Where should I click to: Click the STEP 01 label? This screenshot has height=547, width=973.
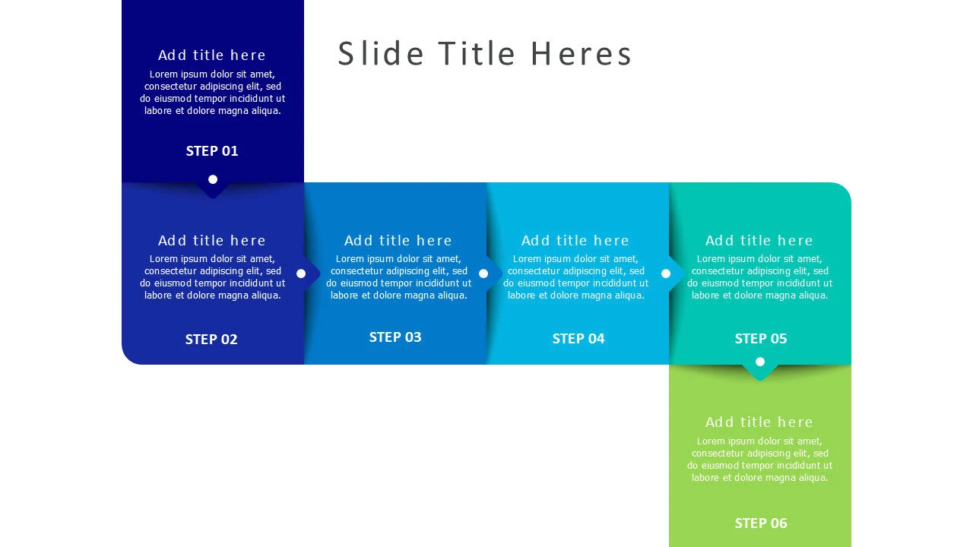(x=212, y=150)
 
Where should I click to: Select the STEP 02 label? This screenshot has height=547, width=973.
(x=211, y=339)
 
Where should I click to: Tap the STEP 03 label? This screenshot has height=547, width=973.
(x=395, y=337)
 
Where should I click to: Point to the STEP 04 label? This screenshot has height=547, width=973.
(x=578, y=338)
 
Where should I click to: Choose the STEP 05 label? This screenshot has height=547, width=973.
(x=761, y=338)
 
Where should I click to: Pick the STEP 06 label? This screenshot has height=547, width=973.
(x=761, y=523)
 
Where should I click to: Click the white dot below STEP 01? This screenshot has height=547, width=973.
(x=213, y=179)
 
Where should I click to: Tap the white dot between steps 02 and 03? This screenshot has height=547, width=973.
(x=301, y=273)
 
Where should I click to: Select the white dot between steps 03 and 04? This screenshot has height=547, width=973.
(x=483, y=273)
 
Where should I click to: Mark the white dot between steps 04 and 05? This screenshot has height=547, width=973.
(x=666, y=273)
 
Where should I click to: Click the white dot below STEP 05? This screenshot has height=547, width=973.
(x=760, y=362)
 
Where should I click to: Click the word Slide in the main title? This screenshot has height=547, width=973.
(x=381, y=54)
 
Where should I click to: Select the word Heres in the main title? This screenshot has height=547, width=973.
(x=582, y=54)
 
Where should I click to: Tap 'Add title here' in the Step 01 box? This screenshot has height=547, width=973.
(x=212, y=55)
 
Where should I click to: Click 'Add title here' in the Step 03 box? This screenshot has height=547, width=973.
(x=398, y=241)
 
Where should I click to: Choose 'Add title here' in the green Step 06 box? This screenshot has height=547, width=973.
(x=759, y=422)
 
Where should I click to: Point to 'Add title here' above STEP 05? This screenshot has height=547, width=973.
(x=759, y=241)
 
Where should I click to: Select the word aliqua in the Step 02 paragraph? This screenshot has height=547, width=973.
(x=265, y=296)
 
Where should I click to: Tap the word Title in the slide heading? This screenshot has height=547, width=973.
(x=477, y=54)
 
